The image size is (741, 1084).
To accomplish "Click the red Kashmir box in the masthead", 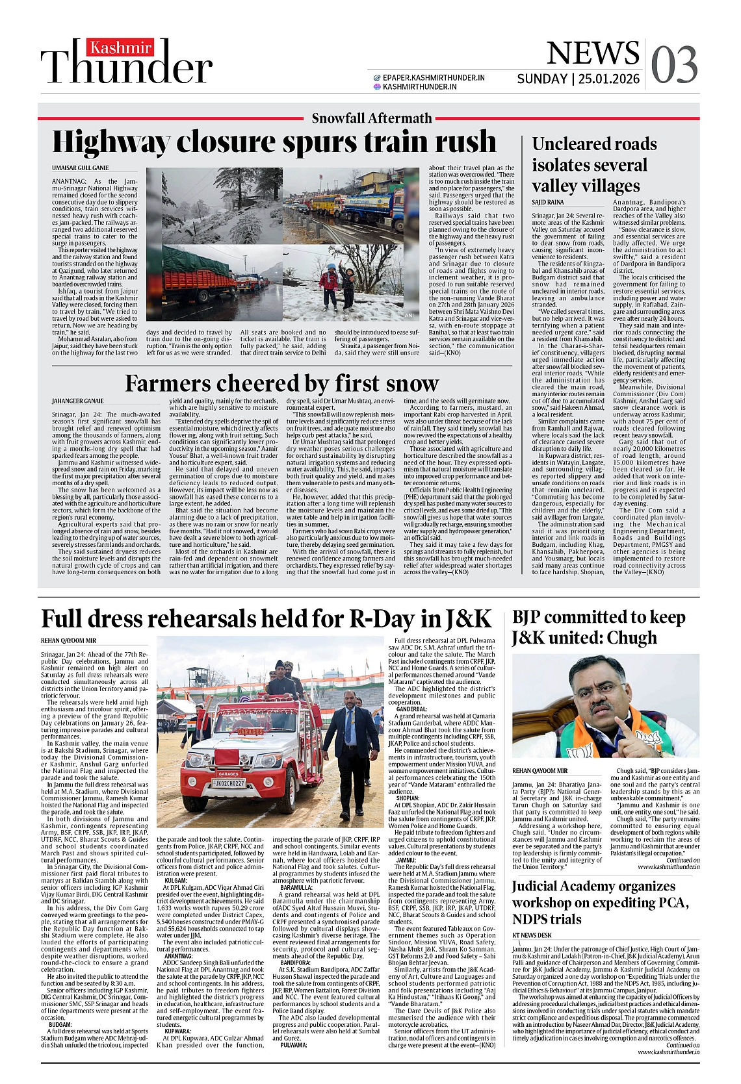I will [x=121, y=48].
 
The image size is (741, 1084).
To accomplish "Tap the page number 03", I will [x=674, y=66].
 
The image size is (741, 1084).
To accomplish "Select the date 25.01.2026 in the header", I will [x=609, y=79].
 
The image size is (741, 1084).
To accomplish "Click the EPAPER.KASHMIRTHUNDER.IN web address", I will [x=434, y=77].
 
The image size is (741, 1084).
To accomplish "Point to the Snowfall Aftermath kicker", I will [x=372, y=118].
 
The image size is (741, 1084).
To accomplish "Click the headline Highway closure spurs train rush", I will [x=274, y=142].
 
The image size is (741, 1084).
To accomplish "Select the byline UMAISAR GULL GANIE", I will [x=81, y=168].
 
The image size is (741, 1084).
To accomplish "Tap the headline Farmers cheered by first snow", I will [x=281, y=383].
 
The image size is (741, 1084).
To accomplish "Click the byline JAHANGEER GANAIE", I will [x=78, y=401].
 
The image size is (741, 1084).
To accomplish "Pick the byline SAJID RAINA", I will [x=548, y=203].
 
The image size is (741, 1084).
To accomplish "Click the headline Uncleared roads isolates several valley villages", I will [x=594, y=165].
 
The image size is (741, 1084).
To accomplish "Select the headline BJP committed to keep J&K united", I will [x=598, y=627].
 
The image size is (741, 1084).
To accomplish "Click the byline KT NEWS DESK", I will [x=532, y=935].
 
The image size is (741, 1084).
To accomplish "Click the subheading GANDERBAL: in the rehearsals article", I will [x=411, y=709].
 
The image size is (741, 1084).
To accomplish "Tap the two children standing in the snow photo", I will [x=337, y=284].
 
